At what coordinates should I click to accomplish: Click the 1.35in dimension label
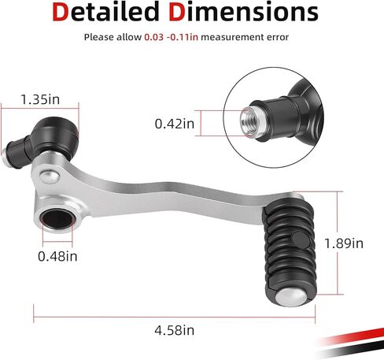pos(40,99)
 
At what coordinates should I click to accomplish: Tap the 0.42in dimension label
pos(175,124)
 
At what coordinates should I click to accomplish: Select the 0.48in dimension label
pos(57,256)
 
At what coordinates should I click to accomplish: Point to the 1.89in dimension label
pos(344,243)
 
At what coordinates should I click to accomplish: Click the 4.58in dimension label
pos(175,330)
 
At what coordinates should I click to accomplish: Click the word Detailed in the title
pos(105,12)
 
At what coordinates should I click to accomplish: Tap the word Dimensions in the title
pos(244,12)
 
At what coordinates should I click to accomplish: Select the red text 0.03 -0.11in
pos(171,37)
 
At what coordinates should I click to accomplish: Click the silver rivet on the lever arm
pos(50,176)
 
